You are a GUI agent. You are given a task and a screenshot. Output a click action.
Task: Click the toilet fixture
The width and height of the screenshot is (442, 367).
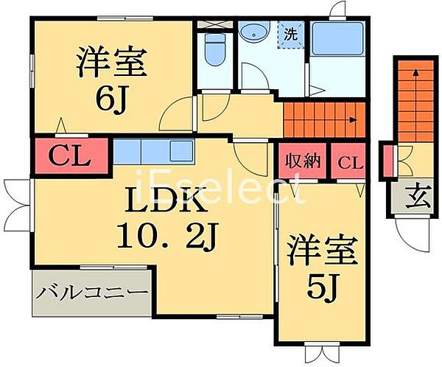216,51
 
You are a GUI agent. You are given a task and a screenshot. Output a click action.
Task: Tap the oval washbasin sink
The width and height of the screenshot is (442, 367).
255,32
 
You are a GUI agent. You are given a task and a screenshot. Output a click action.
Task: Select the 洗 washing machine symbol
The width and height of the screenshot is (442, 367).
291,34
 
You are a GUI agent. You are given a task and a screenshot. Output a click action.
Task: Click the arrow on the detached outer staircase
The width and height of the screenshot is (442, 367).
415,72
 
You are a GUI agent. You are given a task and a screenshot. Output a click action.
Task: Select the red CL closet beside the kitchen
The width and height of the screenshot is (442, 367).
69,155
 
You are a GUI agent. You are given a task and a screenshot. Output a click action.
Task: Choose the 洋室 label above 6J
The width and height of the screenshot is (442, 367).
110,61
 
